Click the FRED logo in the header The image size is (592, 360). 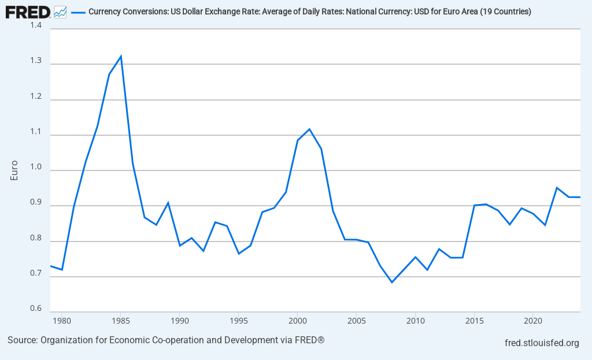(x=28, y=11)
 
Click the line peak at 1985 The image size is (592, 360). (x=121, y=56)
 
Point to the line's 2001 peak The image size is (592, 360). (x=309, y=129)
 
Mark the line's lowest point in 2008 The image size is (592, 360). (x=392, y=282)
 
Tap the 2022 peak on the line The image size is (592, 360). (x=557, y=187)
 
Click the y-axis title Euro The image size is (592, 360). (x=15, y=170)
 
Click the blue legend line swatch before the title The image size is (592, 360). (x=77, y=12)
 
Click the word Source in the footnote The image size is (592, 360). (x=21, y=340)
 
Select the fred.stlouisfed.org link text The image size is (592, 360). (x=542, y=343)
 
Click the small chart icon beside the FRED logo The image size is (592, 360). (x=60, y=11)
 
